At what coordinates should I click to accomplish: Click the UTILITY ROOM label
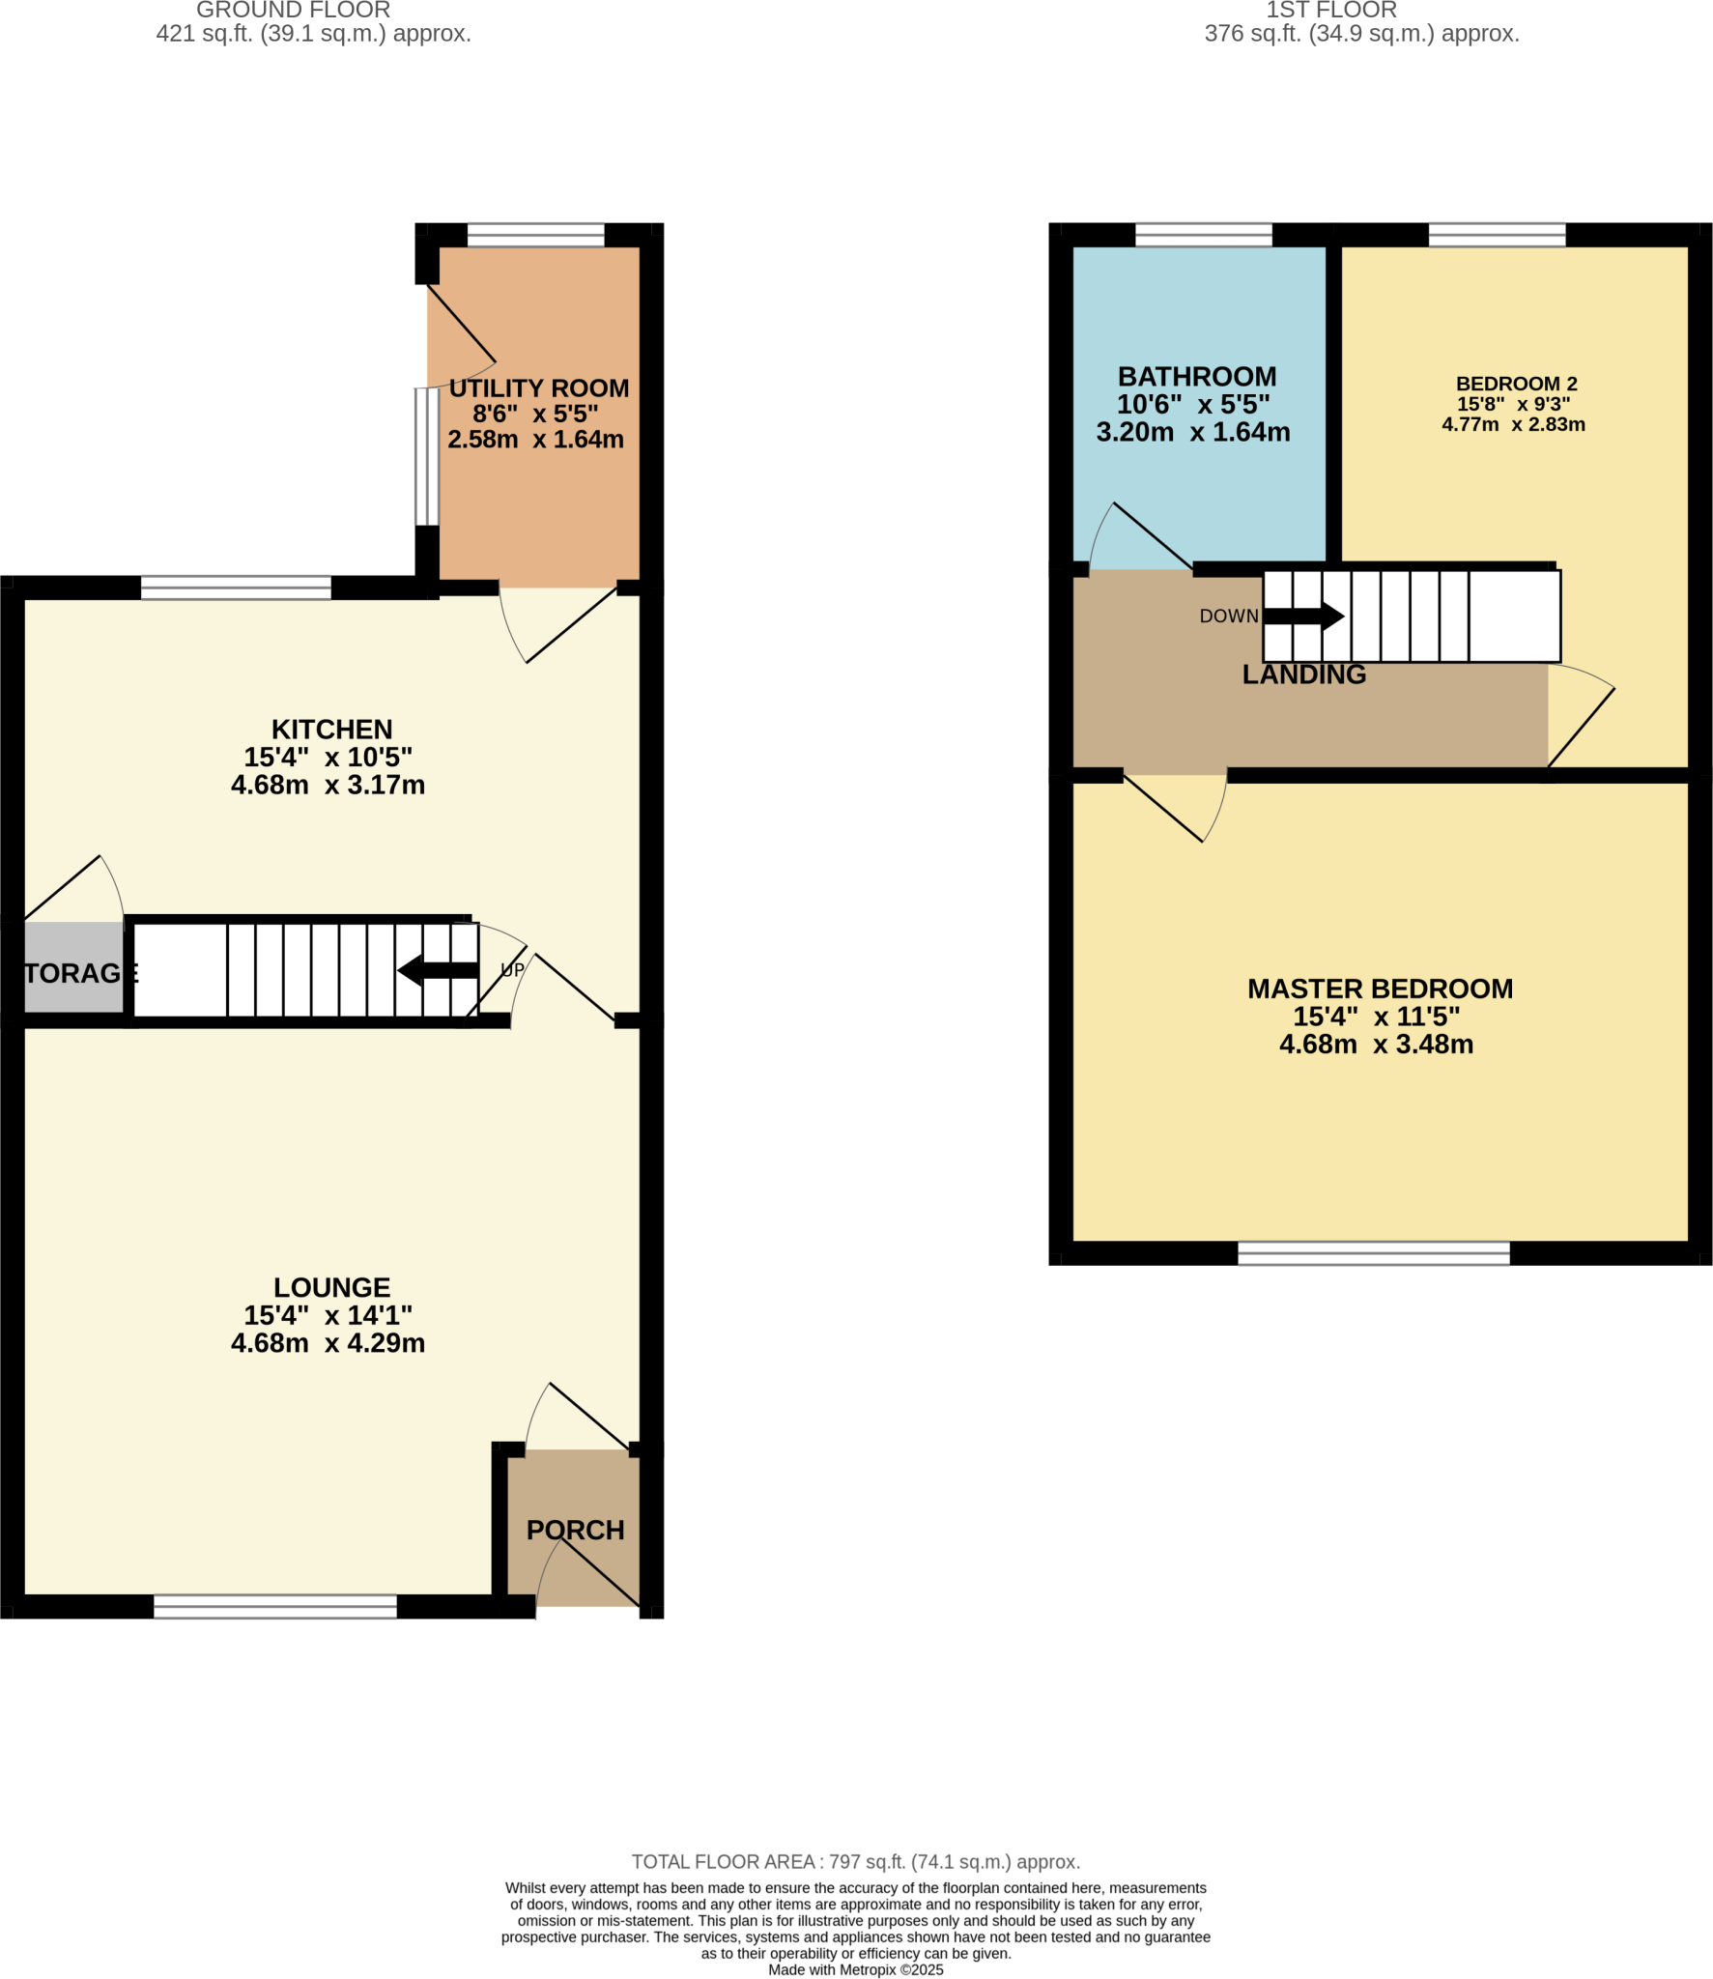tap(538, 388)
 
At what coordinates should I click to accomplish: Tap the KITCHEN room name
tap(331, 730)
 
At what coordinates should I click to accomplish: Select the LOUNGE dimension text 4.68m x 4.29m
tap(328, 1343)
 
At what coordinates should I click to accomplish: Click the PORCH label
tap(575, 1531)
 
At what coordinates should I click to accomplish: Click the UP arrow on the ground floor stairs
tap(439, 970)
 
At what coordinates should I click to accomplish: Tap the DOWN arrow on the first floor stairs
tap(1303, 616)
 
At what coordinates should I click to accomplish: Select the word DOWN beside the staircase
tap(1228, 617)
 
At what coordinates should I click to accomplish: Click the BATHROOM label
tap(1196, 377)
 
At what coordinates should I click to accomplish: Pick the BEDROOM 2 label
tap(1516, 384)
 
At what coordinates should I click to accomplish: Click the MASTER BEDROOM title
tap(1380, 989)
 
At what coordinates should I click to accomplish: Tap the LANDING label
tap(1303, 674)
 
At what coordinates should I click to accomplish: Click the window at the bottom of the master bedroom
tap(1373, 1253)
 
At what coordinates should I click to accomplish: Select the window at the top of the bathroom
tap(1203, 235)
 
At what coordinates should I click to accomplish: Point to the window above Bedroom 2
tap(1497, 235)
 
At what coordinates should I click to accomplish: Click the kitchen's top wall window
tap(236, 588)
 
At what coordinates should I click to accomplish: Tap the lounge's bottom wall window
tap(275, 1606)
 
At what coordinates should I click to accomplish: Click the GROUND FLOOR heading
tap(293, 11)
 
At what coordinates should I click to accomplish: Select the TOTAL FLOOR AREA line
tap(855, 1862)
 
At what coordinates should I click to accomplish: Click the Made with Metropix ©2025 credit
tap(855, 1970)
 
